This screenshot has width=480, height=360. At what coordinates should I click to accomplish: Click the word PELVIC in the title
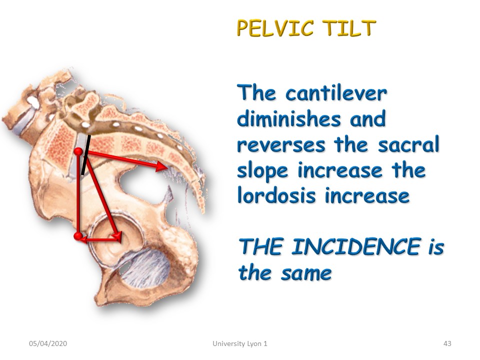275,28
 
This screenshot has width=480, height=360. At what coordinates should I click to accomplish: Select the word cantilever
336,93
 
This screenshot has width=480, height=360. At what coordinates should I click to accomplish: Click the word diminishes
289,118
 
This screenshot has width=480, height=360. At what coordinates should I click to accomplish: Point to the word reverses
281,145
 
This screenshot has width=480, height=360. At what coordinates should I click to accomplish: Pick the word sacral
408,144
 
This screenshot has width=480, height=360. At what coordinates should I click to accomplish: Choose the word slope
262,171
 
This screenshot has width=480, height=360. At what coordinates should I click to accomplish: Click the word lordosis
276,195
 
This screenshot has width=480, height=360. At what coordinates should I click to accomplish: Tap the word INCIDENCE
355,246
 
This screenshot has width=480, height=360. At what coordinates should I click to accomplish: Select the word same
306,273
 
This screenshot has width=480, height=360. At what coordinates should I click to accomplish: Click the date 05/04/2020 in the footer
48,343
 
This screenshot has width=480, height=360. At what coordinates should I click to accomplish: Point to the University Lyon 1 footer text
240,344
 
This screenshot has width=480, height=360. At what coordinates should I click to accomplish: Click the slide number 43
447,343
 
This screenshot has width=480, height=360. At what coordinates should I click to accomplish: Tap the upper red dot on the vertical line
78,151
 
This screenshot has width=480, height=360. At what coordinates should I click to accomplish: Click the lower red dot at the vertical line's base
78,236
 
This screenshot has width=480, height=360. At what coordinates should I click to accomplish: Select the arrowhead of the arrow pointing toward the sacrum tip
161,167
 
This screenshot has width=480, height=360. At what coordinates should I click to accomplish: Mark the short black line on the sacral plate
86,154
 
